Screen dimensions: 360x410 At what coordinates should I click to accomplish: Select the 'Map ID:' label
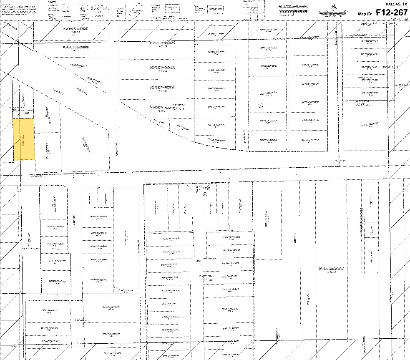366,14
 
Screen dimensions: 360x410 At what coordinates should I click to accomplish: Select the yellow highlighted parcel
24,139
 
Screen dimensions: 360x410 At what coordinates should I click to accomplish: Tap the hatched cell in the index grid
254,10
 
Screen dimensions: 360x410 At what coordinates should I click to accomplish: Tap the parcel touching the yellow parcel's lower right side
48,152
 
